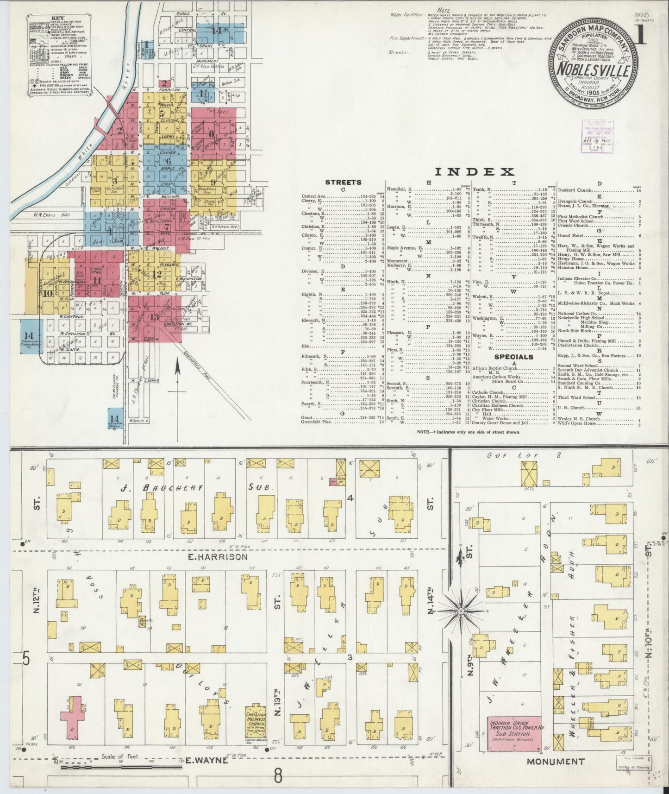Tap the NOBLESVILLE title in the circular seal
[593, 70]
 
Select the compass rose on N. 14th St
[461, 612]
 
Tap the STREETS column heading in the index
[343, 183]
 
